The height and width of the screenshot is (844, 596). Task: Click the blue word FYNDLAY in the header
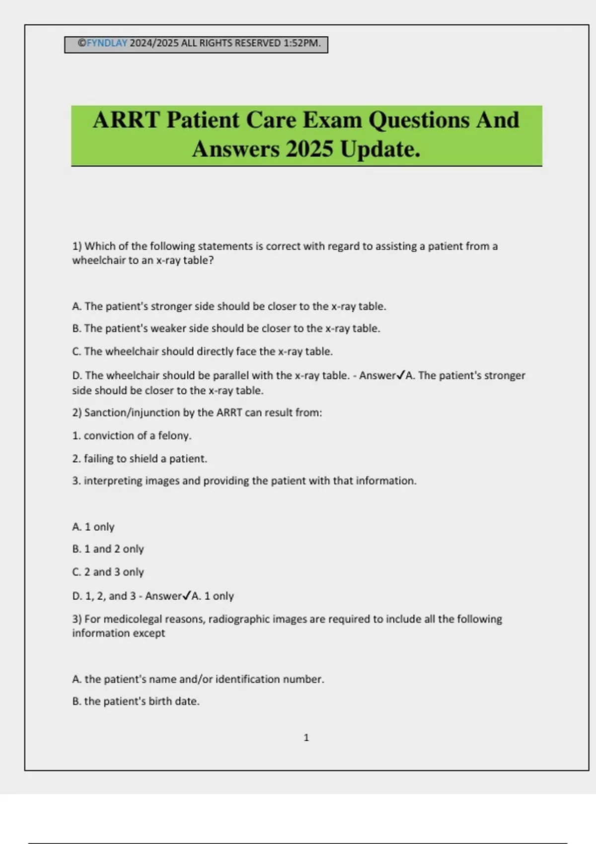(x=107, y=43)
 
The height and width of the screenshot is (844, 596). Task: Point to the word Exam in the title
(x=332, y=120)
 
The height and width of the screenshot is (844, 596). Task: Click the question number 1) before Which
(x=77, y=246)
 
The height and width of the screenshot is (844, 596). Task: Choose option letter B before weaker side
(x=76, y=329)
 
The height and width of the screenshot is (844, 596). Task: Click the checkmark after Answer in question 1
(x=401, y=375)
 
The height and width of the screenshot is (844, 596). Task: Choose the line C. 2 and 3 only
(x=108, y=572)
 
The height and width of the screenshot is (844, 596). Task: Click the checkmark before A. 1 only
(x=187, y=596)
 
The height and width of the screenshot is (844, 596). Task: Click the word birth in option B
(x=160, y=702)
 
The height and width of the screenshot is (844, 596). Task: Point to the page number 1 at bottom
(x=306, y=738)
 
